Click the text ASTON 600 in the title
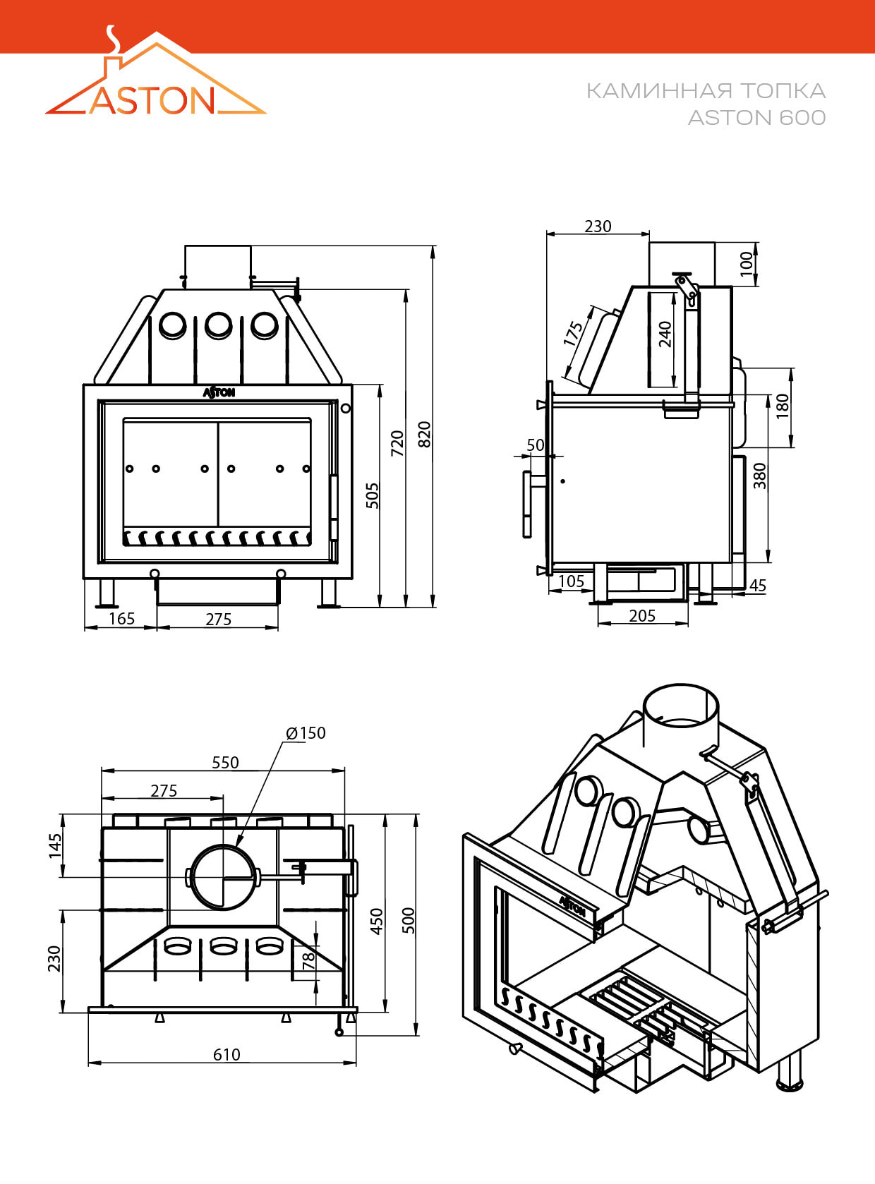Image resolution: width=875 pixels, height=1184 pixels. pyautogui.click(x=756, y=117)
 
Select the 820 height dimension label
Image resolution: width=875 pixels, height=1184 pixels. pyautogui.click(x=424, y=434)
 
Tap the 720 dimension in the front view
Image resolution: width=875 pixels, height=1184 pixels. pyautogui.click(x=397, y=442)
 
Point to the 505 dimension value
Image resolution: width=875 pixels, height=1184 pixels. pyautogui.click(x=373, y=495)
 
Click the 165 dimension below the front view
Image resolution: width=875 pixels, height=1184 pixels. pyautogui.click(x=121, y=619)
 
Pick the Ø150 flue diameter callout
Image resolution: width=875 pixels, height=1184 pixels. pyautogui.click(x=306, y=733)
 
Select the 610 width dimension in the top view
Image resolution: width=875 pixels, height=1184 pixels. pyautogui.click(x=227, y=1054)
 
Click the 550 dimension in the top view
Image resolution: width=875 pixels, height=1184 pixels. pyautogui.click(x=225, y=762)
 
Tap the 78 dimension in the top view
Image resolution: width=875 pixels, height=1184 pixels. pyautogui.click(x=308, y=960)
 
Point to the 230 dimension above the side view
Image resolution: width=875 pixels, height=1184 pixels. pyautogui.click(x=598, y=226)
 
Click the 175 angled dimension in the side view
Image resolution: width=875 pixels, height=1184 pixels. pyautogui.click(x=574, y=334)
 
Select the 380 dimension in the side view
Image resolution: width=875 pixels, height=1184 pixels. pyautogui.click(x=759, y=476)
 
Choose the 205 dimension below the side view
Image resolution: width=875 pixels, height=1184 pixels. pyautogui.click(x=642, y=616)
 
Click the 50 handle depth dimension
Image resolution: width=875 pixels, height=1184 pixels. pyautogui.click(x=536, y=445)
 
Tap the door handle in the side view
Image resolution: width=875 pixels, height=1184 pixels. pyautogui.click(x=527, y=504)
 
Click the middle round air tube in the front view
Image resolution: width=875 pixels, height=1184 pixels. pyautogui.click(x=218, y=325)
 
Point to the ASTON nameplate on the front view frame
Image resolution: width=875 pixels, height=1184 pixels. pyautogui.click(x=219, y=392)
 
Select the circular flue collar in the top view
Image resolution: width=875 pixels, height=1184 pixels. pyautogui.click(x=223, y=877)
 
